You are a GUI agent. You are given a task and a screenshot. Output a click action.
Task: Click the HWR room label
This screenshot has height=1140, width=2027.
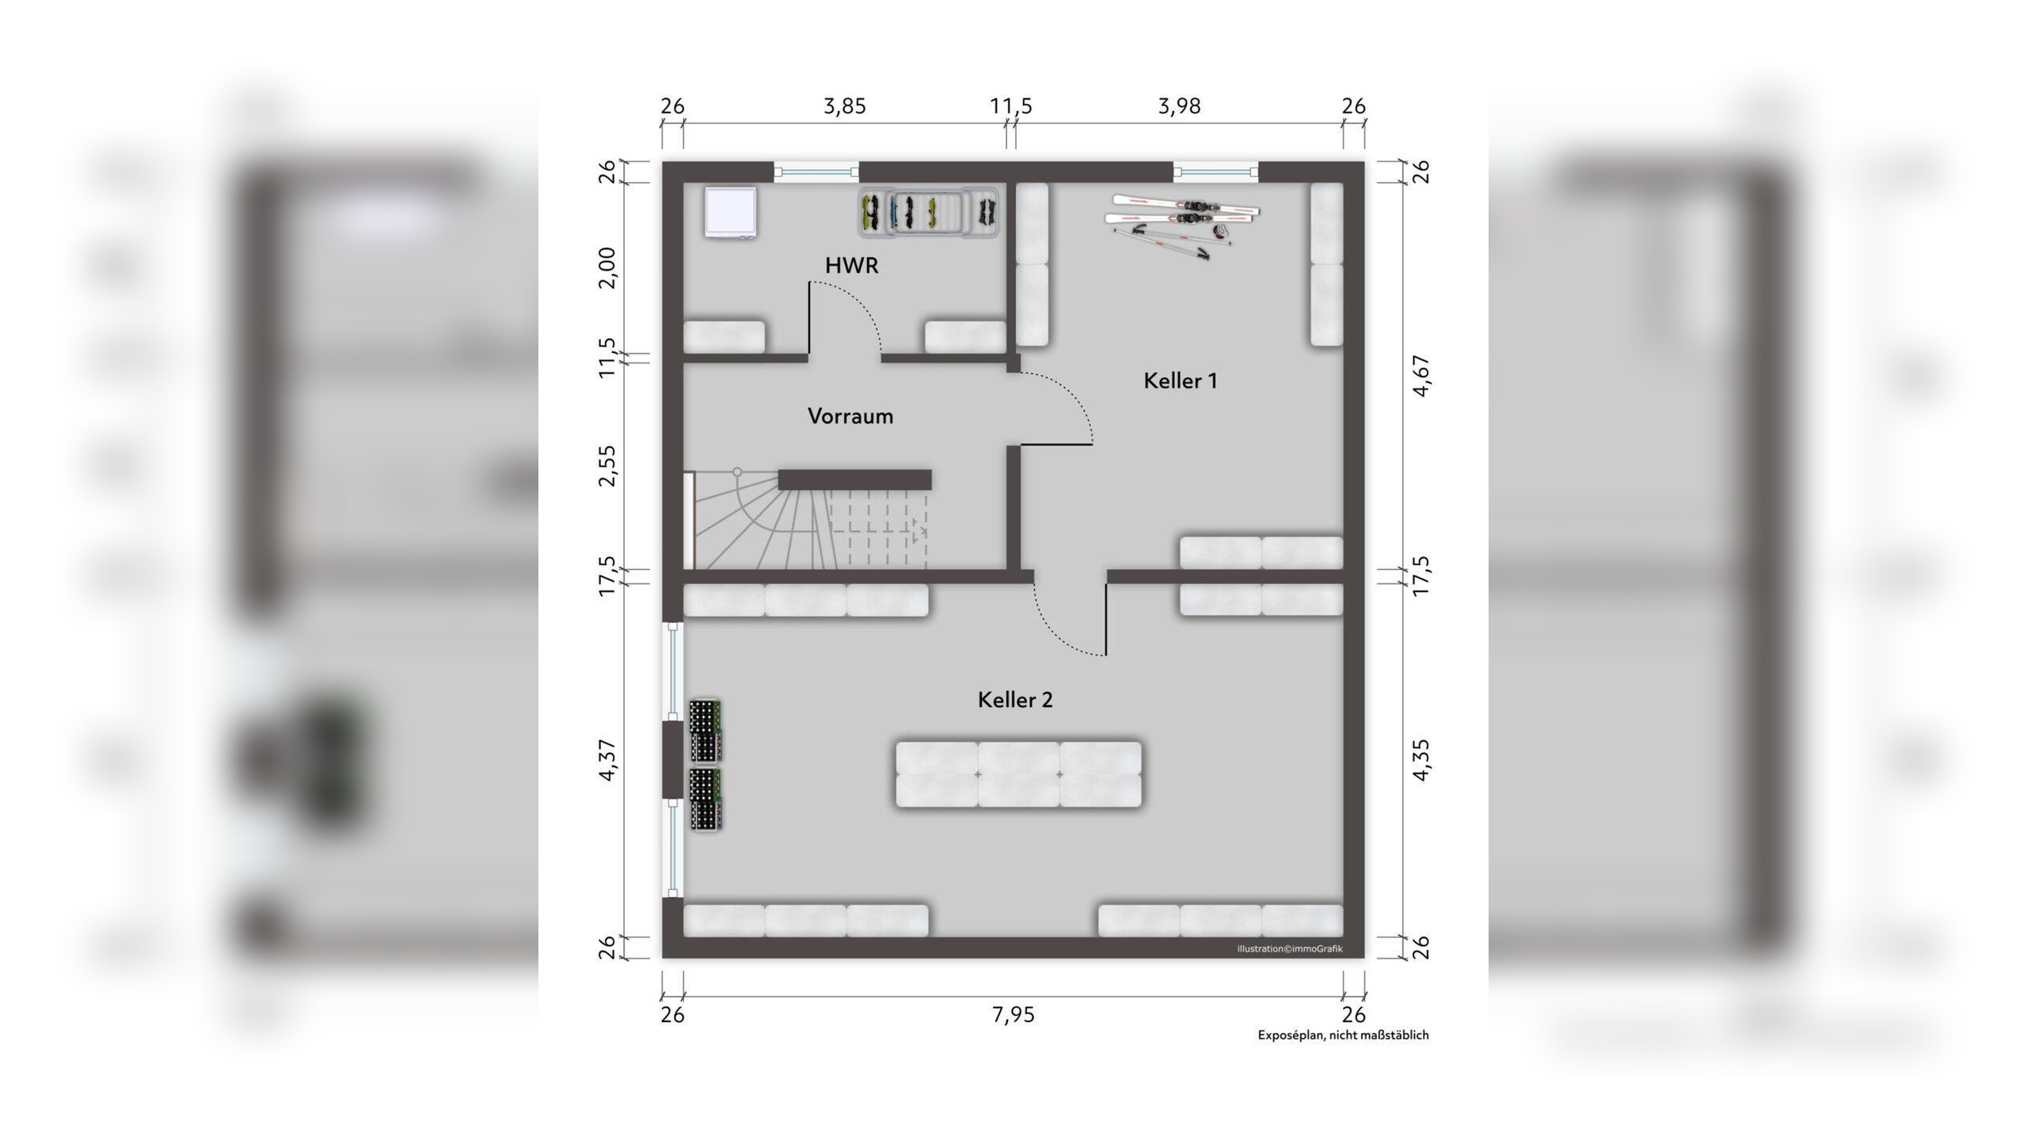pyautogui.click(x=851, y=265)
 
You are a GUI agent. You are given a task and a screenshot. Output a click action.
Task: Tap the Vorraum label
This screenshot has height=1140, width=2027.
pyautogui.click(x=850, y=416)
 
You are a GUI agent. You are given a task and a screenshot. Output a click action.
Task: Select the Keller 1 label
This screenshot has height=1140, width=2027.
pyautogui.click(x=1180, y=381)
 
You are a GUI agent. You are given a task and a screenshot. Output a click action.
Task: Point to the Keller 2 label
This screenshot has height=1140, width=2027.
pyautogui.click(x=1015, y=700)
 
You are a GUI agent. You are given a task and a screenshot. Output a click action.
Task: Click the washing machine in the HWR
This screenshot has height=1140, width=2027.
pyautogui.click(x=731, y=211)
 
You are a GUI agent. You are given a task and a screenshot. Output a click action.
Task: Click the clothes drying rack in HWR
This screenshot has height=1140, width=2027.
pyautogui.click(x=928, y=212)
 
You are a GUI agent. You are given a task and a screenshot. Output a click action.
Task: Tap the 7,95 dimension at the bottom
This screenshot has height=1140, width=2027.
pyautogui.click(x=1013, y=1015)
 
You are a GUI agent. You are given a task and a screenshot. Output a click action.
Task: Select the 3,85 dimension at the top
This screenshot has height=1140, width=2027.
pyautogui.click(x=845, y=106)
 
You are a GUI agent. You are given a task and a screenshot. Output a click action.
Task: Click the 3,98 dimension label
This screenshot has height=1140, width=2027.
pyautogui.click(x=1179, y=106)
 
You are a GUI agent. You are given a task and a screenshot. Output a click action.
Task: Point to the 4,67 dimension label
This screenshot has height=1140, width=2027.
pyautogui.click(x=1421, y=376)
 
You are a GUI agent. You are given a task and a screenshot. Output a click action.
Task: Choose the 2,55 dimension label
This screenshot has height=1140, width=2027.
pyautogui.click(x=607, y=465)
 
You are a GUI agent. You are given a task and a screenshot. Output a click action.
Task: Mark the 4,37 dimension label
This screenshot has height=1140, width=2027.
pyautogui.click(x=607, y=760)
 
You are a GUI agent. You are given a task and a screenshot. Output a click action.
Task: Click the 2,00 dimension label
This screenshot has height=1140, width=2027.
pyautogui.click(x=607, y=268)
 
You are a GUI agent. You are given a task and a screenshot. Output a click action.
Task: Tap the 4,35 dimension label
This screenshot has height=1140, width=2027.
pyautogui.click(x=1421, y=760)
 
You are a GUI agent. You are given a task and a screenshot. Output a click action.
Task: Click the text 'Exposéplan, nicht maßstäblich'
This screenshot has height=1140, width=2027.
pyautogui.click(x=1343, y=1035)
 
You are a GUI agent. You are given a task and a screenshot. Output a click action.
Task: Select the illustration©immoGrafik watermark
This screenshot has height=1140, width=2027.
pyautogui.click(x=1290, y=948)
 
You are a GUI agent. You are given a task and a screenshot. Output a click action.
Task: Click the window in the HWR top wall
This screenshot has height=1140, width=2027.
pyautogui.click(x=816, y=172)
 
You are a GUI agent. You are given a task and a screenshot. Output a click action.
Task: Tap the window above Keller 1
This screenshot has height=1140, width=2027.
pyautogui.click(x=1215, y=172)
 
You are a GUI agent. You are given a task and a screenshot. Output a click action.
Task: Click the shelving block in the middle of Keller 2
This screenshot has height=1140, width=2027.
pyautogui.click(x=1018, y=774)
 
